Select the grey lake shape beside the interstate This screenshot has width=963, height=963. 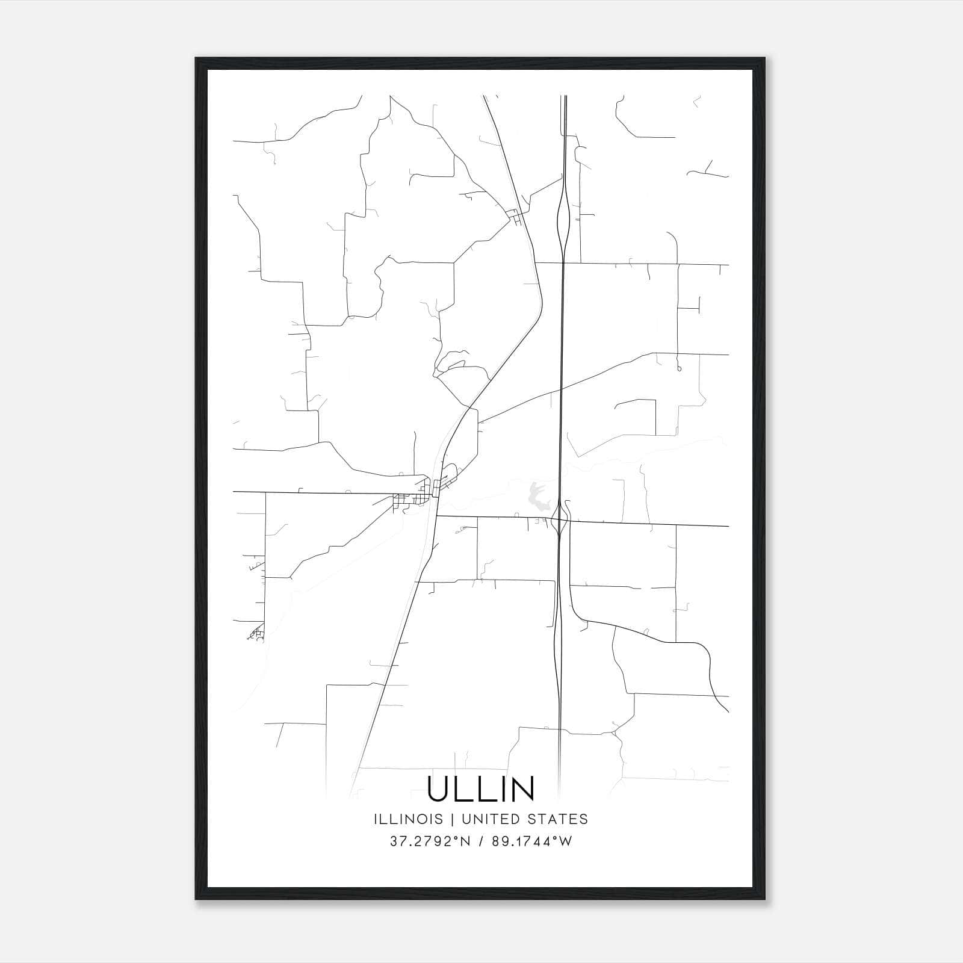[x=535, y=495]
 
